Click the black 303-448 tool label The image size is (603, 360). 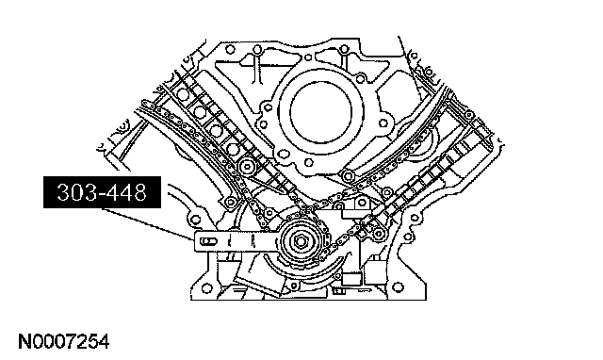[x=102, y=192]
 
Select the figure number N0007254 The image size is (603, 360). [x=64, y=341]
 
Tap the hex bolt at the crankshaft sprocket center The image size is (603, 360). [x=300, y=241]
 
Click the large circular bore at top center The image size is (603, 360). [x=321, y=111]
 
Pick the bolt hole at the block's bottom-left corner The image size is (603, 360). [x=207, y=288]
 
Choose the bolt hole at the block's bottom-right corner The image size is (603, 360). [x=398, y=287]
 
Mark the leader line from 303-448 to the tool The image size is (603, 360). [x=148, y=224]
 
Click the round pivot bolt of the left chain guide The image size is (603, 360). [x=246, y=167]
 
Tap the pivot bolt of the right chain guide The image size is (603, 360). [x=348, y=176]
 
